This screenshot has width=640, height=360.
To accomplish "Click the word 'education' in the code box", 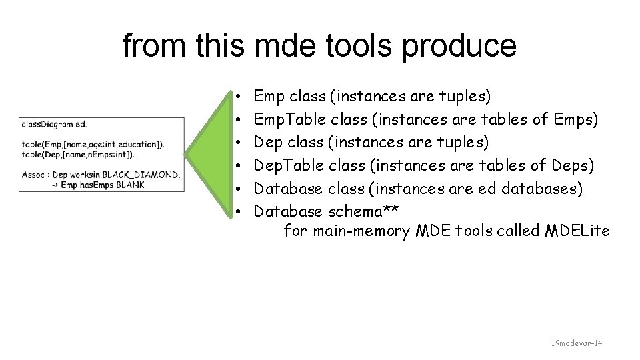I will click(141, 144).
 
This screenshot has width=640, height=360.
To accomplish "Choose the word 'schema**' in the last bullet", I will click(364, 211).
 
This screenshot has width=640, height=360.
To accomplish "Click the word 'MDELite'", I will click(577, 231).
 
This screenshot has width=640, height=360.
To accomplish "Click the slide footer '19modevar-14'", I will click(576, 343).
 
